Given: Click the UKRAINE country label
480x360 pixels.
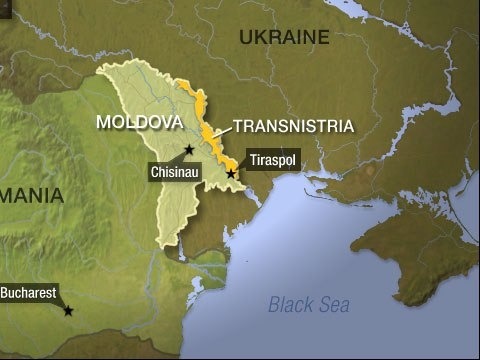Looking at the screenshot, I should pyautogui.click(x=284, y=38).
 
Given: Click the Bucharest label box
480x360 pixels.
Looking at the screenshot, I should pyautogui.click(x=27, y=294).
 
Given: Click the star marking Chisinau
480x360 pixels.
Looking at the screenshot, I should pyautogui.click(x=189, y=150).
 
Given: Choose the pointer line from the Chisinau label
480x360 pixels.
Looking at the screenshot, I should pyautogui.click(x=182, y=158).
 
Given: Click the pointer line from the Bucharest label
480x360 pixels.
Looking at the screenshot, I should pyautogui.click(x=62, y=304).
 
